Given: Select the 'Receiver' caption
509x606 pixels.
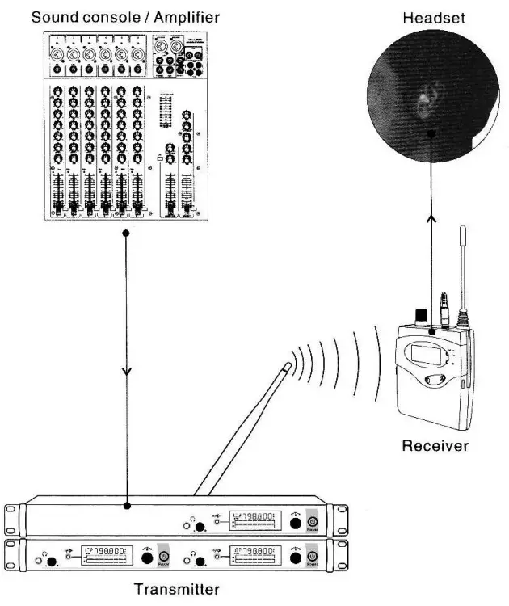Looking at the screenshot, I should point(435,445).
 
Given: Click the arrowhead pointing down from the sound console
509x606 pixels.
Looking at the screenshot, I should point(126,372).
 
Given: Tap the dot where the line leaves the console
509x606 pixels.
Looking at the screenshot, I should point(126,234).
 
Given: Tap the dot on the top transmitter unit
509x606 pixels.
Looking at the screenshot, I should point(126,507).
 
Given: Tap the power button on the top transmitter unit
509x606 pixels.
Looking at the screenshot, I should point(312,522).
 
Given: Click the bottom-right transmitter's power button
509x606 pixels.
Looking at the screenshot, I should point(312,558).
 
